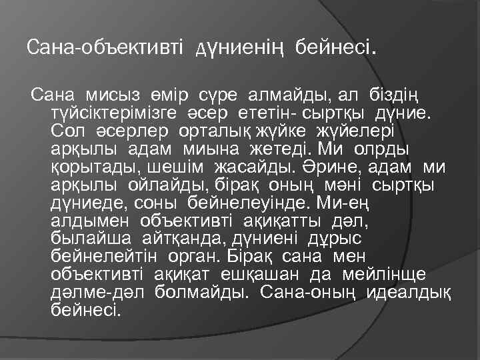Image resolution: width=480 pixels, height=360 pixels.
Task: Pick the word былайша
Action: tap(91, 237)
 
